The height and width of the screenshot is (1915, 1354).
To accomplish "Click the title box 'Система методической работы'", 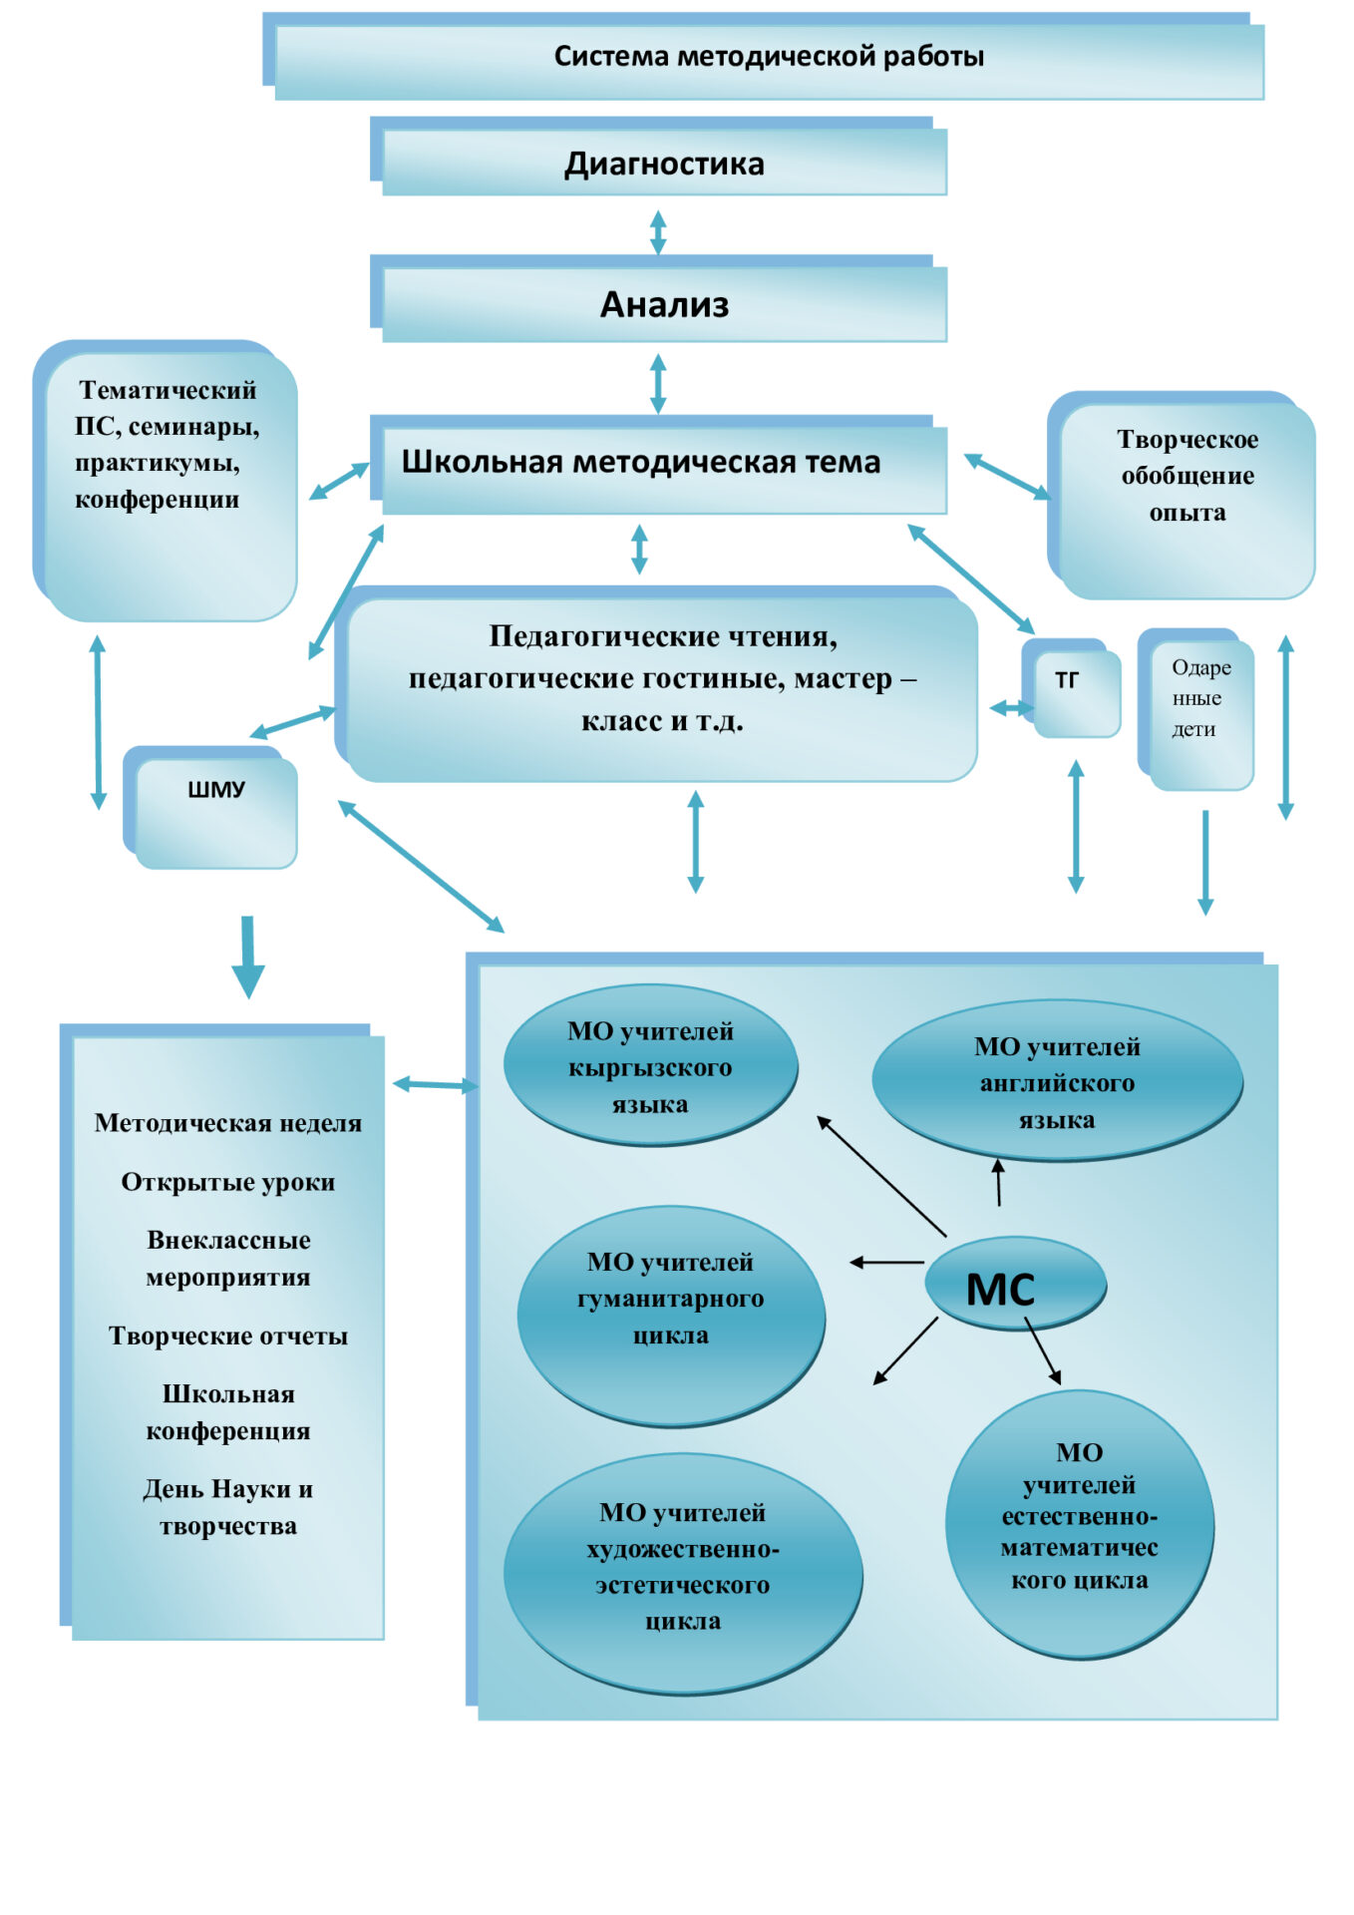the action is point(764,57).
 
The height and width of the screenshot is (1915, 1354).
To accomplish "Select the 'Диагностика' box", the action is point(658,157).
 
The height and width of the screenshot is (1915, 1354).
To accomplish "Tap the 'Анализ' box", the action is point(658,299).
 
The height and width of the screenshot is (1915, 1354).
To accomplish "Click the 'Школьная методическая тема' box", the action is point(658,465).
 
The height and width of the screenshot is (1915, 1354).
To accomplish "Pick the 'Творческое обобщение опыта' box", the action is point(1182,496).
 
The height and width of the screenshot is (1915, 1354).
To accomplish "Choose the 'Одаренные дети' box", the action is point(1195,709).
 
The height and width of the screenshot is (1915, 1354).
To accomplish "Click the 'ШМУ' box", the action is point(210,808).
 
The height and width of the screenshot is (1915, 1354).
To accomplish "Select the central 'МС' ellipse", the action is point(1016,1284).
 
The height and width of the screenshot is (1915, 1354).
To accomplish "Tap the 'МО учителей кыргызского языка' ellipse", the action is point(651,1065).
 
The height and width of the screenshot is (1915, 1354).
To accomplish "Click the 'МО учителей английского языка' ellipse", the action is point(1057,1081).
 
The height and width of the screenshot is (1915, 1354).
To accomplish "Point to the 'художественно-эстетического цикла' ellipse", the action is point(683,1574).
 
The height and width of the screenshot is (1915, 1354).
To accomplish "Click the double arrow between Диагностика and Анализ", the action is point(658,232).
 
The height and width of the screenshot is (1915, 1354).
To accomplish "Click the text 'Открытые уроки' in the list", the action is point(228,1182).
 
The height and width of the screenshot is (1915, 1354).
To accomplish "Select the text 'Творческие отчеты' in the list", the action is point(228,1336).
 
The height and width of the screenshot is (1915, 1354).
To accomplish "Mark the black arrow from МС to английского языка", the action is point(998,1183).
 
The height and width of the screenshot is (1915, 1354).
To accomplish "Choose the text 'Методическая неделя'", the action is point(228,1123).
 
